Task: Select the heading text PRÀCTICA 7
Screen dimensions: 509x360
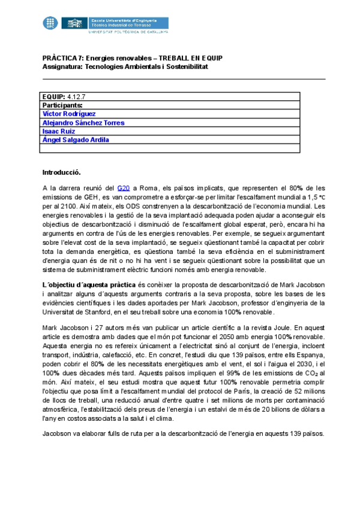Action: [62, 58]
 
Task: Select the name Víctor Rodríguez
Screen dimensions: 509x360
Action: [69, 113]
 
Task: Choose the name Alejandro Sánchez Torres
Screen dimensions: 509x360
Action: [83, 122]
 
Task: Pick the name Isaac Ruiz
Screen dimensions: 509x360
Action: [58, 131]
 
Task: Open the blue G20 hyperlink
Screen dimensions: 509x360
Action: [123, 188]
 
